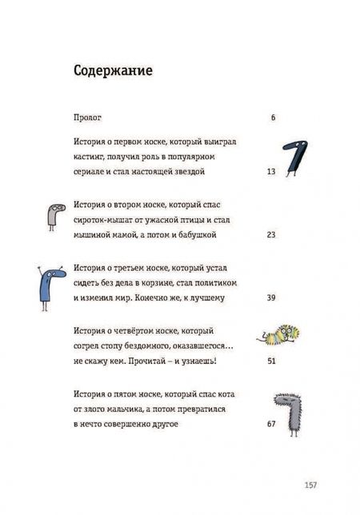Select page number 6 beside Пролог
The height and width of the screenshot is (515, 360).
point(273,118)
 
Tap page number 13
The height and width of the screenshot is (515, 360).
point(270,172)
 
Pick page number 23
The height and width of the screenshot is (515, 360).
point(270,235)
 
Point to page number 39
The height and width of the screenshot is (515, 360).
point(270,297)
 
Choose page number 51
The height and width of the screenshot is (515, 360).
point(270,361)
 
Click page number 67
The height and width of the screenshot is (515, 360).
point(270,424)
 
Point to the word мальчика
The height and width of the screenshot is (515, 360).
point(122,409)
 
